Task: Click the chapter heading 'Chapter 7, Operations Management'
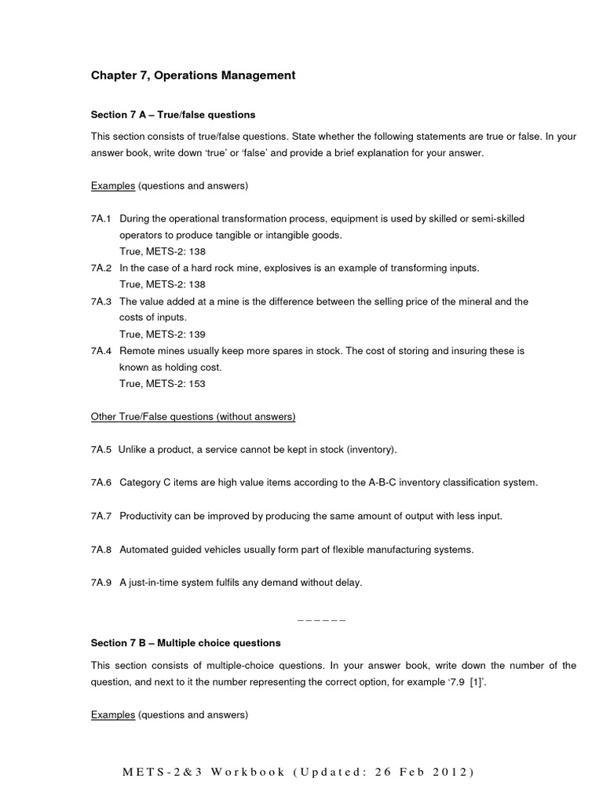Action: (x=193, y=75)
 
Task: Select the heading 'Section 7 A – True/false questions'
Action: (x=173, y=115)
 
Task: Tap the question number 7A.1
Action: (x=101, y=219)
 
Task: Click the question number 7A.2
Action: (x=101, y=269)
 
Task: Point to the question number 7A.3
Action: (x=101, y=301)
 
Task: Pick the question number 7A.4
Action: (x=101, y=351)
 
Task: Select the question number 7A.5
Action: (x=101, y=450)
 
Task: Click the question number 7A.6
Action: (x=101, y=483)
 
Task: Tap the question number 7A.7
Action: (x=101, y=516)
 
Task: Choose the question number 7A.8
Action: (x=101, y=550)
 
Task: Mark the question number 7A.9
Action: (x=101, y=583)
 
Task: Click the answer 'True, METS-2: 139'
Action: (x=162, y=334)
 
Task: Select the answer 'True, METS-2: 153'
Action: (x=162, y=384)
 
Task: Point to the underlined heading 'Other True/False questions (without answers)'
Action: (x=193, y=417)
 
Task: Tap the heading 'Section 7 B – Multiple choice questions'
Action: (x=185, y=643)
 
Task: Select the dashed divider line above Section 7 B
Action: (x=322, y=620)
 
